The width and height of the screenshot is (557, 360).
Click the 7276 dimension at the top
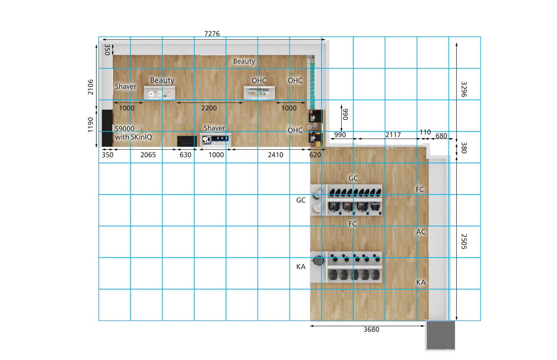point(212,33)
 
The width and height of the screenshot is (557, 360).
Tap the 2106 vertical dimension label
point(90,87)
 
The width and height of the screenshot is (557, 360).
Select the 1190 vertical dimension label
point(90,125)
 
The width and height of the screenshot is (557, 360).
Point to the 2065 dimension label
point(148,155)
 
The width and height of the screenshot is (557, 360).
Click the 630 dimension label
point(186,155)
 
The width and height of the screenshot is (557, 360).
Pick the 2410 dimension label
point(275,155)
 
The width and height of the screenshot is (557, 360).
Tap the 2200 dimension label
point(209,108)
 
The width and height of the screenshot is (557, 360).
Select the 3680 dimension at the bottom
point(371,330)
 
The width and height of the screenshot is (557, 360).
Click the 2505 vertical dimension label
point(464,242)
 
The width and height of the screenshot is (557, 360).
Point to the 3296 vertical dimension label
point(464,89)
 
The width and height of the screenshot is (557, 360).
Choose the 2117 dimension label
point(393,135)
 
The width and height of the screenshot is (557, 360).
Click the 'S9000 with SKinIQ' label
point(133,133)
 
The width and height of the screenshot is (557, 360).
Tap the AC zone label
point(421,232)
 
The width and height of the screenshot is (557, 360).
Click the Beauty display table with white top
point(159,93)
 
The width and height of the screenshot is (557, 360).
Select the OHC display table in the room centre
point(259,92)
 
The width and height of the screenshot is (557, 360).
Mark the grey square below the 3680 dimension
point(440,335)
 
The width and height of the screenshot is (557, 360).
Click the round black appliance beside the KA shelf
point(318,260)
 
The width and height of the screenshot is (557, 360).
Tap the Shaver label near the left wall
point(125,86)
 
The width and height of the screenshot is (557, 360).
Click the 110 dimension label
point(425,132)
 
